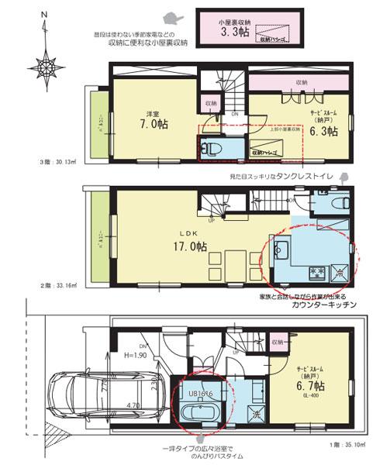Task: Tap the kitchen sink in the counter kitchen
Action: (x=282, y=250)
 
